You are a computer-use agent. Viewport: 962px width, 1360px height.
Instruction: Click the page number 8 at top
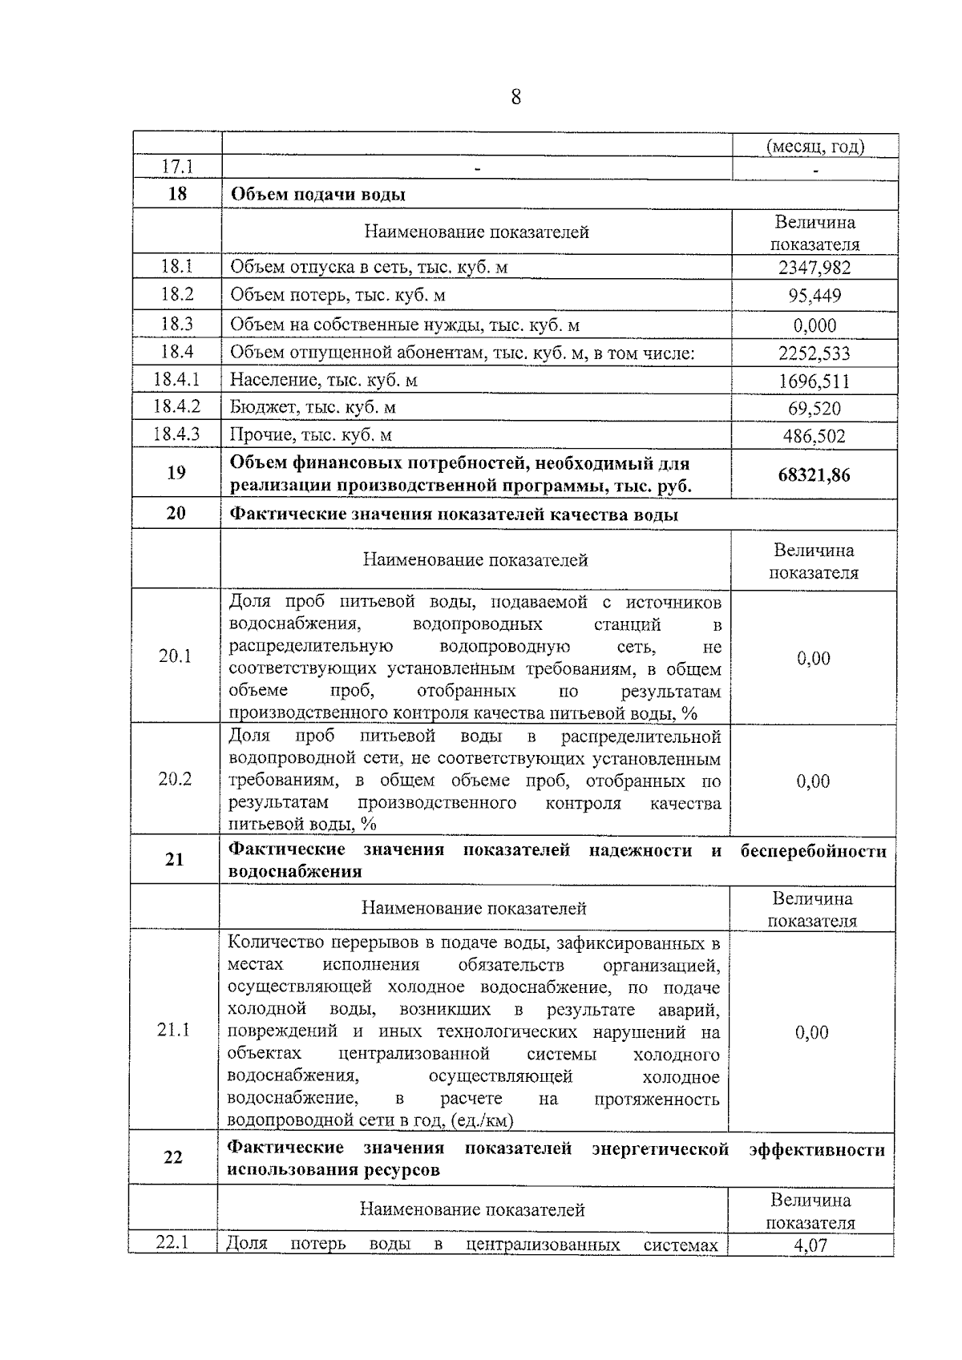[515, 98]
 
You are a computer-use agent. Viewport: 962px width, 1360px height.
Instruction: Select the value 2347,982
[814, 268]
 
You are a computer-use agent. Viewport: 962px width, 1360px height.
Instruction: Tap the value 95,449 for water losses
[814, 296]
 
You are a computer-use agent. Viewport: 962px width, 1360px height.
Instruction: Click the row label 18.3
[176, 324]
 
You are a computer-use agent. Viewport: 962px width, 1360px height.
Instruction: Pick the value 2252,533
[814, 353]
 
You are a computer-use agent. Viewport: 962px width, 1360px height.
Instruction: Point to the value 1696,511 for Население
[814, 381]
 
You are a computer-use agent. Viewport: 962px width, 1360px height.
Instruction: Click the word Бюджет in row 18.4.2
[257, 407]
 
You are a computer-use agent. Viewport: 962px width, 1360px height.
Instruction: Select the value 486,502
[814, 437]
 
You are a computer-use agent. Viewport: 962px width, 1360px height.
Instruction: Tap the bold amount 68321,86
[814, 475]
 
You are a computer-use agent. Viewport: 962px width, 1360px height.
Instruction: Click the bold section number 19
[176, 473]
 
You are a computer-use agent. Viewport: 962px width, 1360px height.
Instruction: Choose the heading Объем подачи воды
[317, 195]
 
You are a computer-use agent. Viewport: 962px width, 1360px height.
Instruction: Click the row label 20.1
[175, 656]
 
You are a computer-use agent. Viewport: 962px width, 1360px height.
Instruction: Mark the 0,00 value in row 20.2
[813, 781]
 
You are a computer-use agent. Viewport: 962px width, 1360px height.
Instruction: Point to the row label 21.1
[173, 1030]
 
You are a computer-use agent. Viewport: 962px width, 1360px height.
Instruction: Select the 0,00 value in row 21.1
[811, 1032]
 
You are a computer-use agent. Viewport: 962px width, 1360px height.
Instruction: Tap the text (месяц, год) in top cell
[814, 147]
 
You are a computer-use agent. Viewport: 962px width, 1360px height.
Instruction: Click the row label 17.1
[177, 167]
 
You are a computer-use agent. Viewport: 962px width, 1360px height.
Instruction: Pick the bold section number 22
[173, 1157]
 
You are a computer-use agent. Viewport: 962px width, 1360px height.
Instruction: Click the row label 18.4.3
[176, 435]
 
